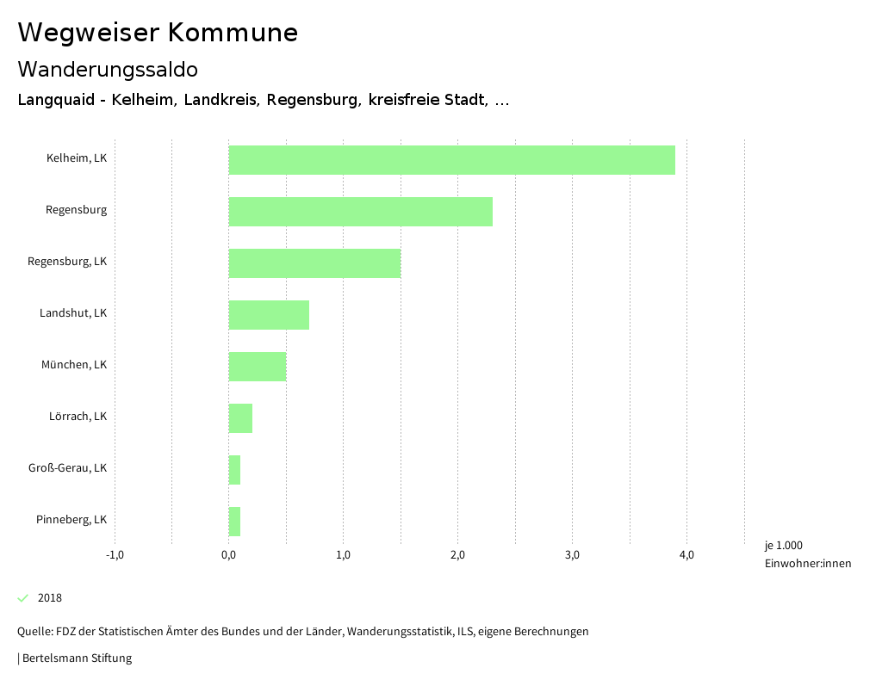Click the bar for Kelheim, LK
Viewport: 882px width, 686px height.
pyautogui.click(x=451, y=160)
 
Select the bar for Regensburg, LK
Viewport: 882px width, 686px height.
pyautogui.click(x=314, y=263)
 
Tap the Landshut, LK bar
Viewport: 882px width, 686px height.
pyautogui.click(x=269, y=315)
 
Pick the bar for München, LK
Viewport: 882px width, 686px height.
pyautogui.click(x=257, y=367)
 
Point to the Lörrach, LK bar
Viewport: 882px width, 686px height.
pyautogui.click(x=240, y=418)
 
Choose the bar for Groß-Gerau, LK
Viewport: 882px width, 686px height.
pyautogui.click(x=234, y=470)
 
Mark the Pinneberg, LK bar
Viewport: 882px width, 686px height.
pyautogui.click(x=234, y=522)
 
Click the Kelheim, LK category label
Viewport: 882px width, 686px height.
pyautogui.click(x=77, y=158)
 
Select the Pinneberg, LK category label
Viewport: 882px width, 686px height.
pyautogui.click(x=71, y=520)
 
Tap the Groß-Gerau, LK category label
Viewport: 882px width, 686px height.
pyautogui.click(x=67, y=468)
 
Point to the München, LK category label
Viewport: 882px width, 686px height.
pyautogui.click(x=74, y=365)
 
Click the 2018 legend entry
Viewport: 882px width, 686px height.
pyautogui.click(x=49, y=598)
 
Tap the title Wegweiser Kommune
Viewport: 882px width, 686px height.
pyautogui.click(x=158, y=33)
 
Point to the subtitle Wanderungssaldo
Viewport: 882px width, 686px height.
pyautogui.click(x=108, y=70)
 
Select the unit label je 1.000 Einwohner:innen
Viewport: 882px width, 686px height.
pyautogui.click(x=807, y=554)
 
